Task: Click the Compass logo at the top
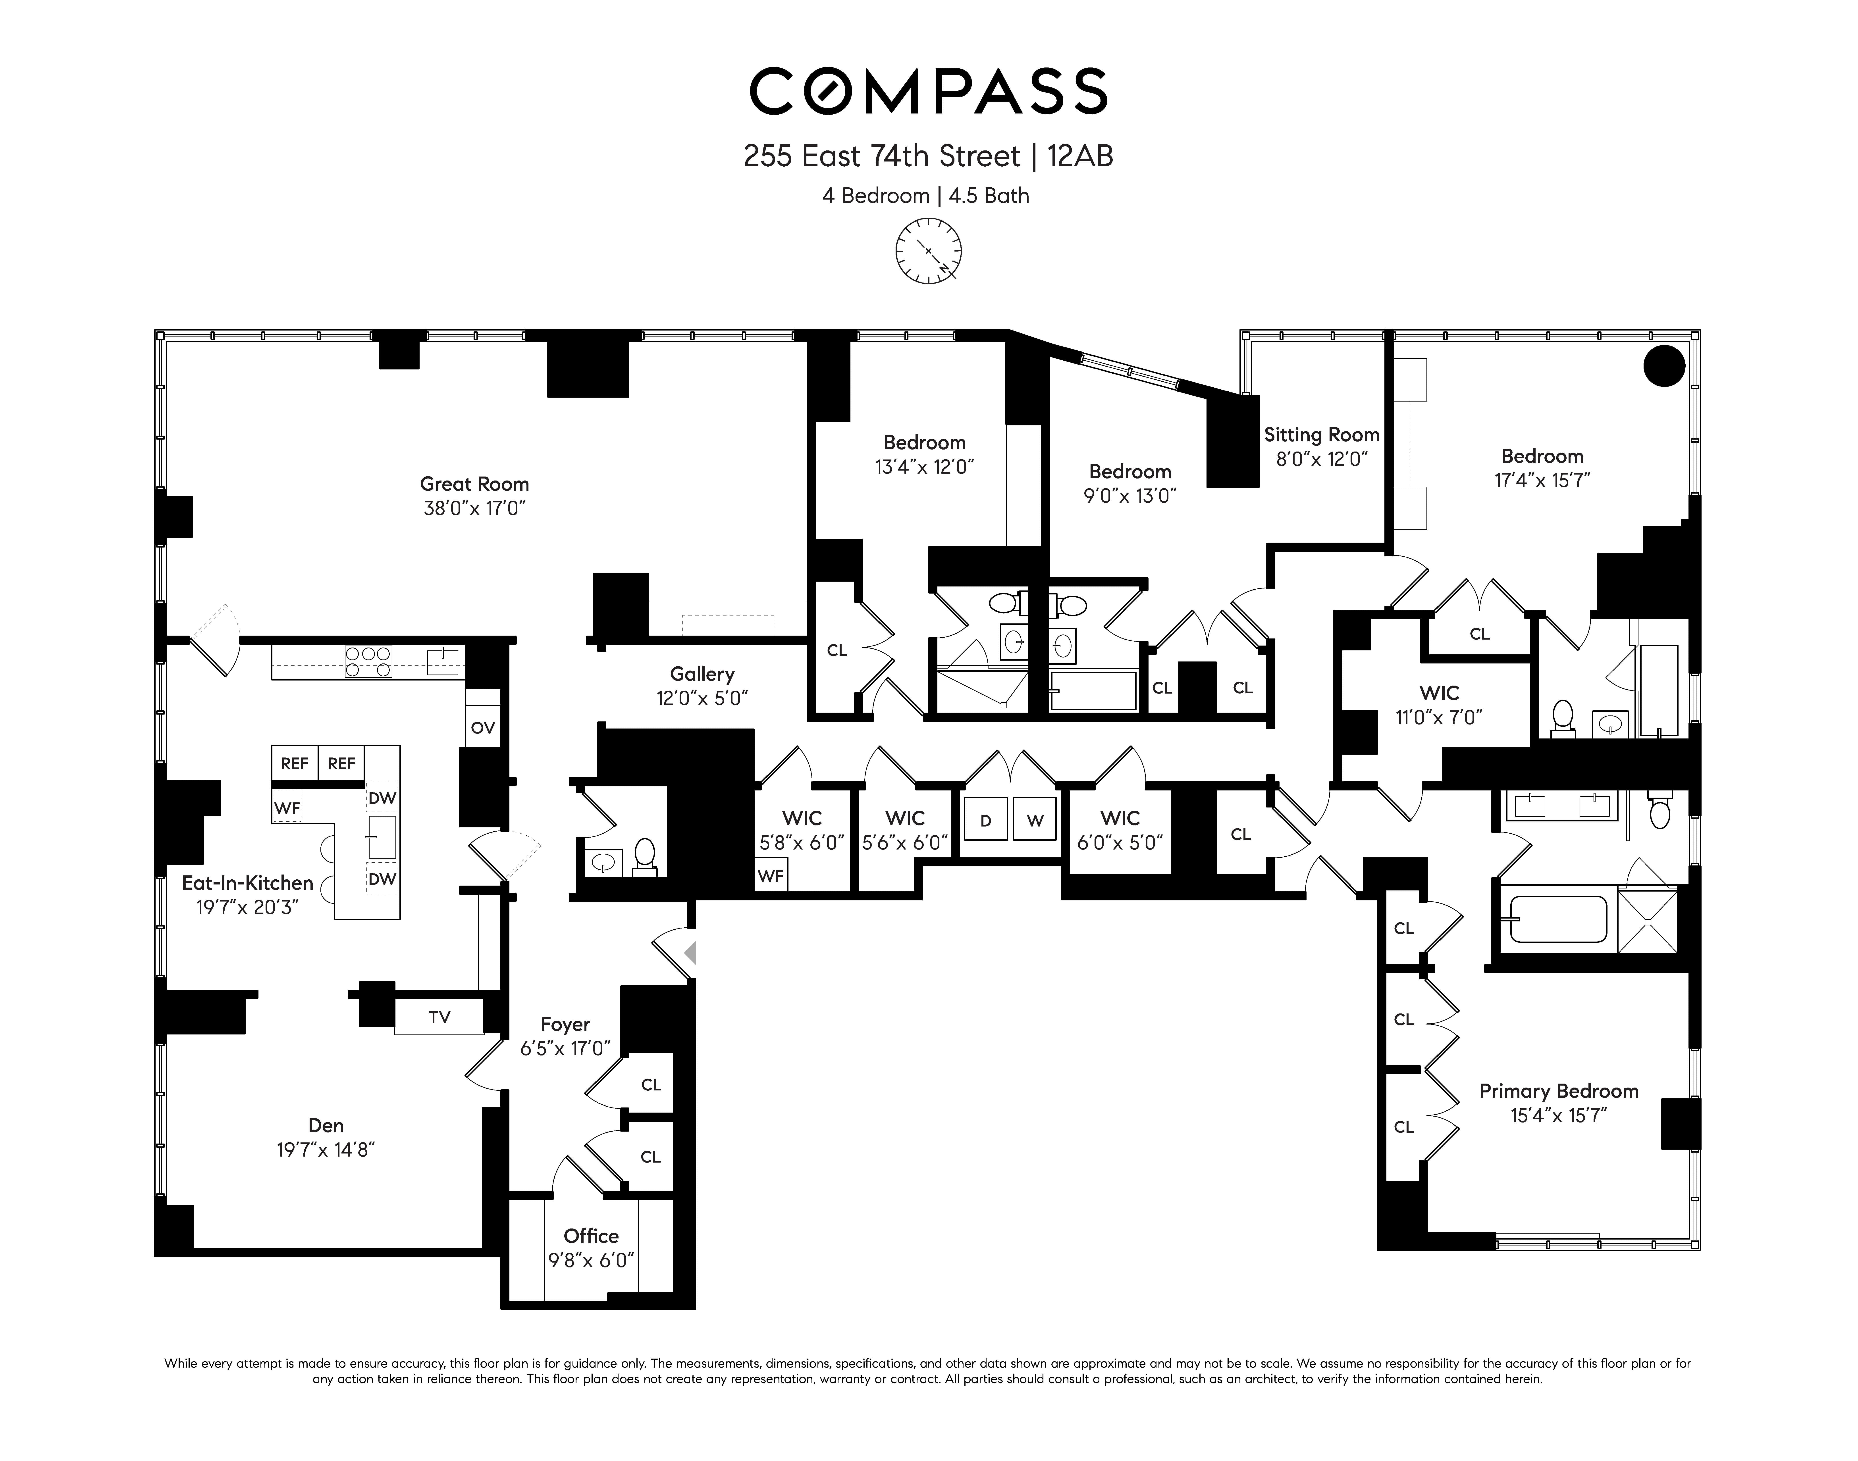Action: [x=928, y=92]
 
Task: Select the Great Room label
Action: [x=474, y=484]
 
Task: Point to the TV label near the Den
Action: [x=439, y=1017]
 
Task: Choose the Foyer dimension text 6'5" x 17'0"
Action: [x=565, y=1048]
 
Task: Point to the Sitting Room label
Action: [x=1322, y=434]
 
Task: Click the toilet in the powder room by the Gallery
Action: [x=645, y=855]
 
